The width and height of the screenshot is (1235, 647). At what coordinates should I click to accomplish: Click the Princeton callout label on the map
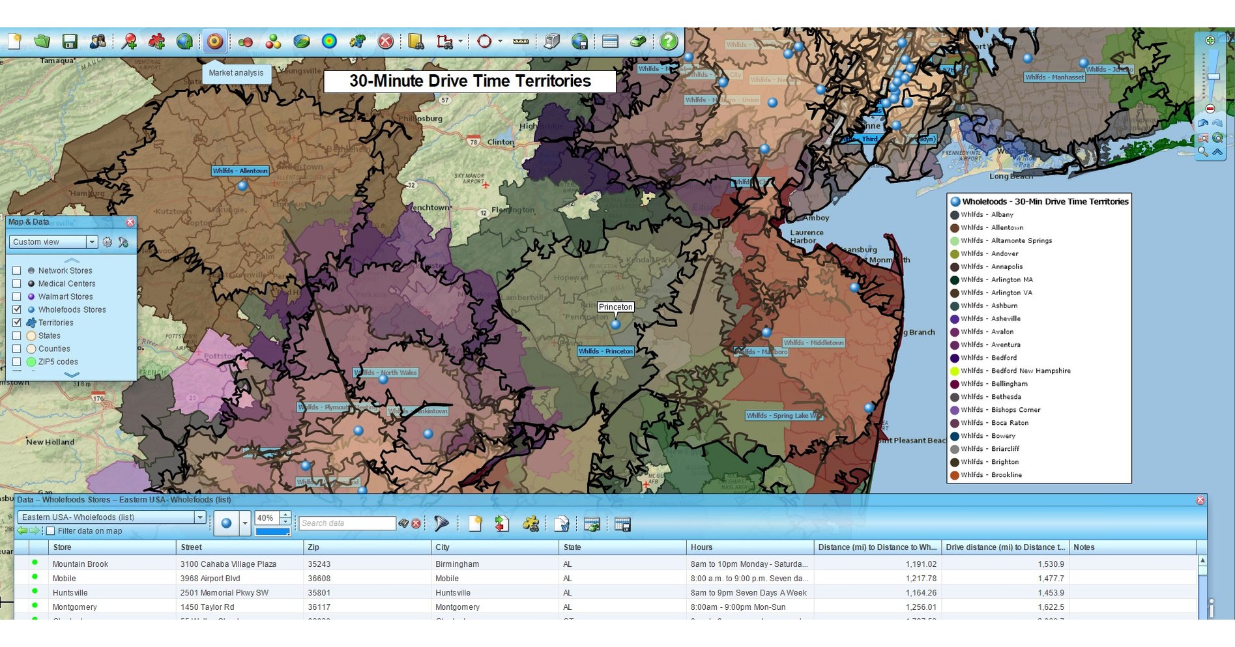[615, 307]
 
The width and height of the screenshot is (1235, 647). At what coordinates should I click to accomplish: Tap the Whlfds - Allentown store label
[240, 171]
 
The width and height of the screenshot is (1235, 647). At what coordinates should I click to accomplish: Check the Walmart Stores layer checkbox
[17, 296]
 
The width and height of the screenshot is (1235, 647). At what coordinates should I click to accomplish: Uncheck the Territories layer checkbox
[17, 323]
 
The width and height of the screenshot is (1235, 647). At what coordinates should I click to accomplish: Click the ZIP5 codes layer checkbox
[17, 362]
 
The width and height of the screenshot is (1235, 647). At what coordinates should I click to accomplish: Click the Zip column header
[313, 547]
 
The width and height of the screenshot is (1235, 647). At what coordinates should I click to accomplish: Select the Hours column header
[701, 547]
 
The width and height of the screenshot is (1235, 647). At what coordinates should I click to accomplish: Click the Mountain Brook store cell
[80, 564]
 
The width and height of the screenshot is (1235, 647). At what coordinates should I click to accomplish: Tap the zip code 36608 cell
[319, 579]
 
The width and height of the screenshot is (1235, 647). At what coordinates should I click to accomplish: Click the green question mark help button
[668, 42]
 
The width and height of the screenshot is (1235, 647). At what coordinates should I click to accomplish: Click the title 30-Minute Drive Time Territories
[470, 81]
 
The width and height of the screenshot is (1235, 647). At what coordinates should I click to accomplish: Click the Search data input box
[347, 523]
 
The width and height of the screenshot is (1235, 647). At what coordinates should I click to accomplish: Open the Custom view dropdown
[91, 242]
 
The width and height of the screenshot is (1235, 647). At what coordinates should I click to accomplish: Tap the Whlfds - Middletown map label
[813, 343]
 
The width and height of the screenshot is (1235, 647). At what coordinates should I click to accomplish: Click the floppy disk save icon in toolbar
[70, 42]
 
